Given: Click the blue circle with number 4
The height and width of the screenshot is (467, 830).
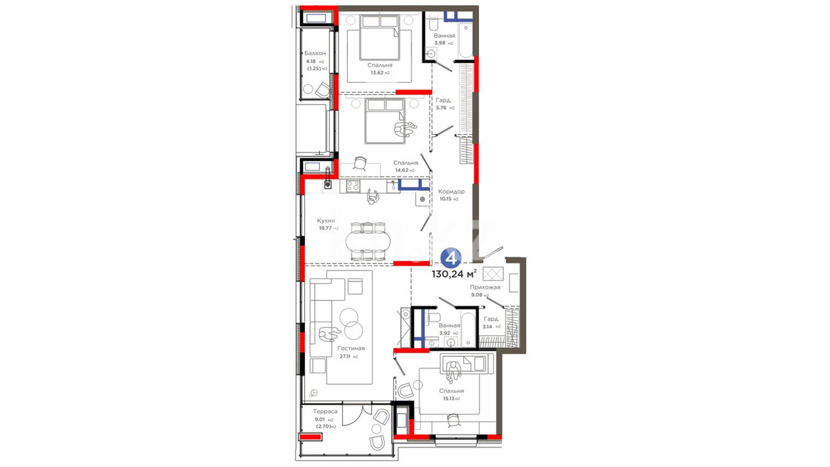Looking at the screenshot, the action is [451, 258].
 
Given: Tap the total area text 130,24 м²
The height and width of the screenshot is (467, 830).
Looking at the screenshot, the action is [454, 274].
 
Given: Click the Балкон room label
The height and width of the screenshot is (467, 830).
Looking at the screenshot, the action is [315, 53].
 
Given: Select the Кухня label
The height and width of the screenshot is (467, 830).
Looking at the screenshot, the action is [326, 221].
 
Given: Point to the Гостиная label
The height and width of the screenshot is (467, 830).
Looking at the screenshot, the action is [351, 348].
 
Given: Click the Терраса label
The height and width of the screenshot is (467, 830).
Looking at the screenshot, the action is [325, 411].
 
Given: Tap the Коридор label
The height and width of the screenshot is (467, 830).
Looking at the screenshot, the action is [451, 192].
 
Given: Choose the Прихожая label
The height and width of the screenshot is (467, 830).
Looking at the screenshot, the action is [485, 287].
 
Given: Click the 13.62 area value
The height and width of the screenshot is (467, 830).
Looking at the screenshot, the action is [377, 73].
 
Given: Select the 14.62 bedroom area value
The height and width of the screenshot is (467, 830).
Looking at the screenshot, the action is [402, 170].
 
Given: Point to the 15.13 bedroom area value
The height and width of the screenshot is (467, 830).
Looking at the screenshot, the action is [448, 399].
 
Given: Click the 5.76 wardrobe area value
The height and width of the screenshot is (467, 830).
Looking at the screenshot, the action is [441, 108].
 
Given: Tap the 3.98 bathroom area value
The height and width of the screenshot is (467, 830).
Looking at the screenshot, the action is [440, 43].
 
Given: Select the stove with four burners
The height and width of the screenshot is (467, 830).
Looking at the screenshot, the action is [353, 186].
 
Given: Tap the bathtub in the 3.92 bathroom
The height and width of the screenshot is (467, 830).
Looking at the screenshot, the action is [466, 328].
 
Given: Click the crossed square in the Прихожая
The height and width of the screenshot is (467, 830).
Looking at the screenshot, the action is [493, 274].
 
